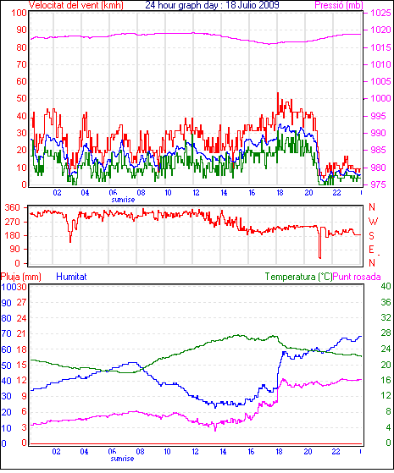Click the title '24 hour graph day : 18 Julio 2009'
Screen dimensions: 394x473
212,5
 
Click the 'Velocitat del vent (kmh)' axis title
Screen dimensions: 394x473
76,5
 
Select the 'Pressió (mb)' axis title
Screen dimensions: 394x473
339,5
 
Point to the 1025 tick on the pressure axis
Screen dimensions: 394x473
380,13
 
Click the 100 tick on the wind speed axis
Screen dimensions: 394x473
19,13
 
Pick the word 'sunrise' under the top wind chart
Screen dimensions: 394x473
123,200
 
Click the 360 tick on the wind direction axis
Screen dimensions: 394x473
13,207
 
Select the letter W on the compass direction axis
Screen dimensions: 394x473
373,222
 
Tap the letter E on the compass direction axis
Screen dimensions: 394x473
371,249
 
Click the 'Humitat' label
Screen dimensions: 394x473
71,277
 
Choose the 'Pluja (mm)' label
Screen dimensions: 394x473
21,277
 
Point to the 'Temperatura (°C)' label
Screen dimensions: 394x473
298,277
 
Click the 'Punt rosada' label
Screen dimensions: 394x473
357,277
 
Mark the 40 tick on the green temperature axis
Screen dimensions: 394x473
386,286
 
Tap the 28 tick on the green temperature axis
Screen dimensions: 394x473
386,333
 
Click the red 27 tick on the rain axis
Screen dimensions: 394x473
21,303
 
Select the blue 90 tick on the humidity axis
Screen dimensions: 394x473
6,303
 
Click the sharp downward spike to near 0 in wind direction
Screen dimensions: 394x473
320,257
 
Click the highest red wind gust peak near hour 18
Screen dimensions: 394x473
278,93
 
